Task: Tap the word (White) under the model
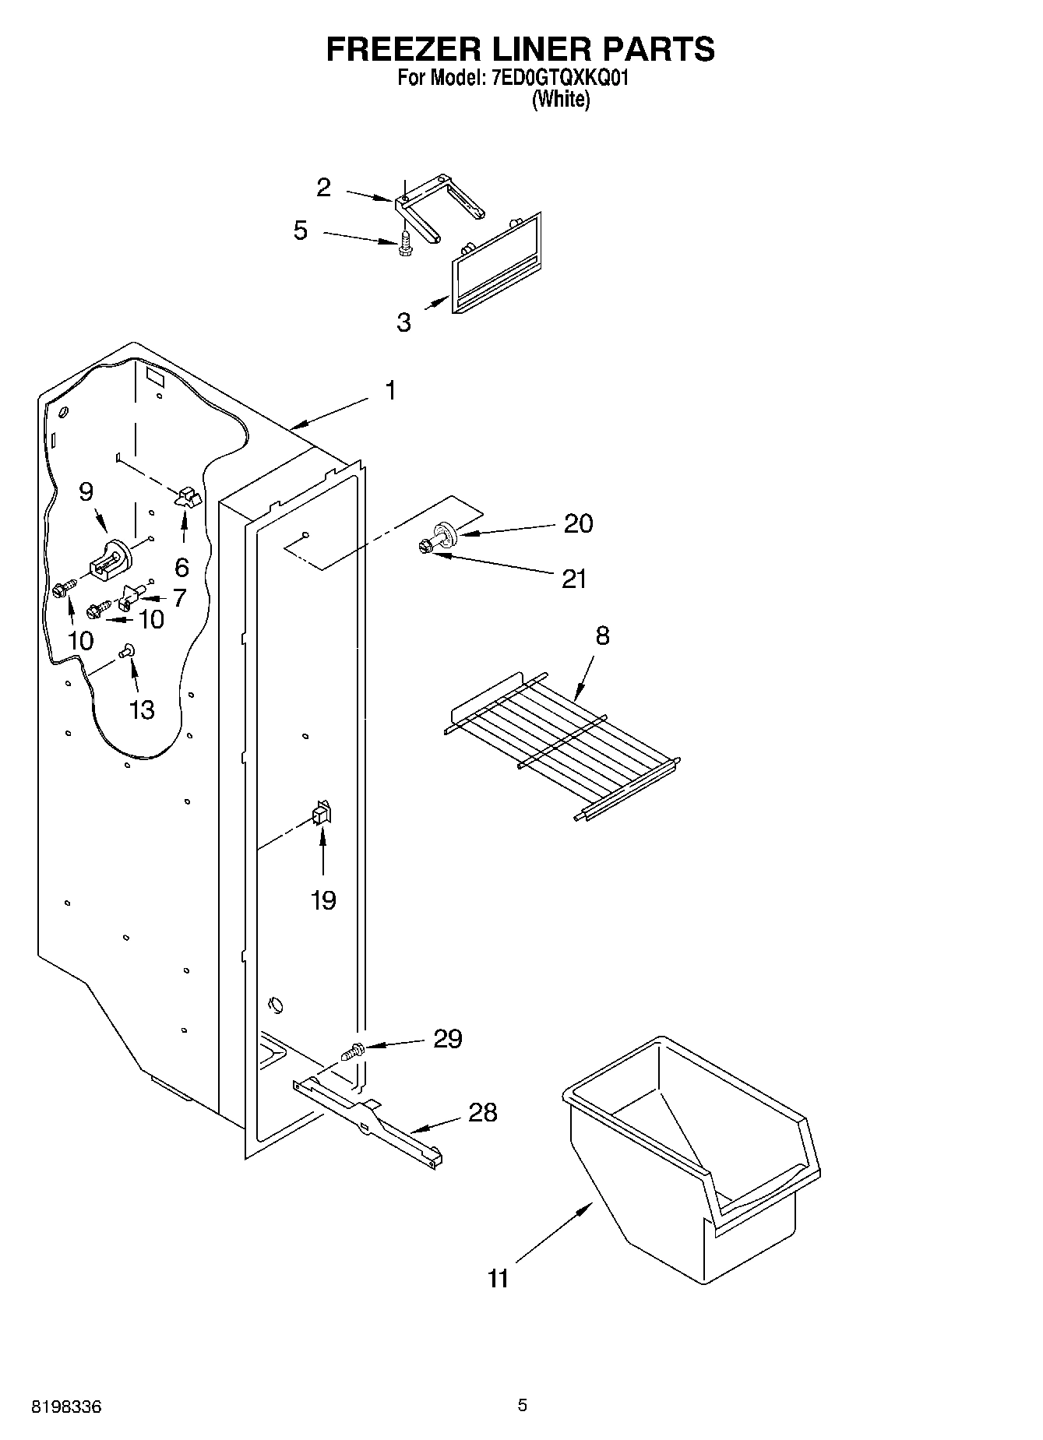pos(560,100)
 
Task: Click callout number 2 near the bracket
pos(324,188)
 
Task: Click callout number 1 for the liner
pos(390,390)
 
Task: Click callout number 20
pos(578,523)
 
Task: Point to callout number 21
pos(574,579)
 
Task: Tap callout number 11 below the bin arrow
pos(498,1278)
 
